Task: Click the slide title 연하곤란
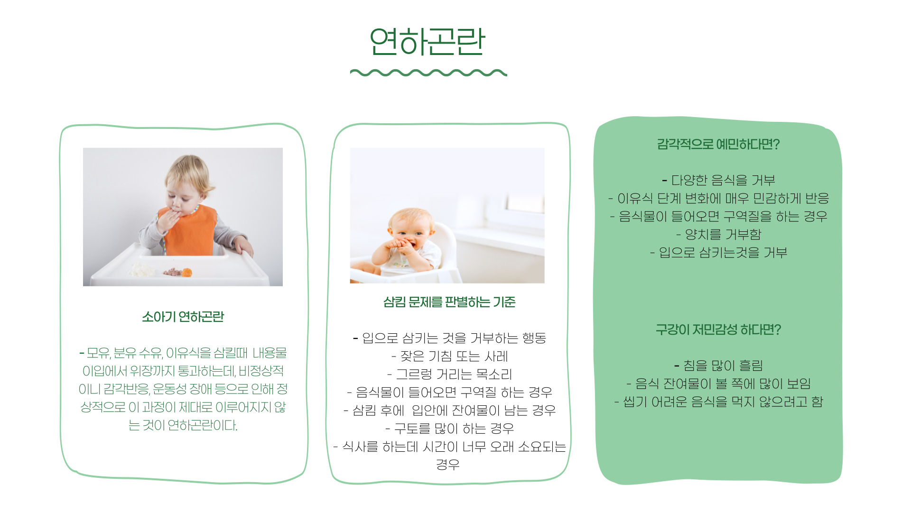tap(427, 42)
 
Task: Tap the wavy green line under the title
tap(428, 73)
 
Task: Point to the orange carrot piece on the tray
tap(186, 272)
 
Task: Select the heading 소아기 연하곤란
tap(183, 317)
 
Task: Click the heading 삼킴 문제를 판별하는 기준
tap(449, 302)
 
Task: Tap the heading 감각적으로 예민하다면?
tap(718, 144)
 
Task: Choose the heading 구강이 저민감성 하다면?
tap(718, 329)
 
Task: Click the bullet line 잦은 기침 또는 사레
tap(449, 356)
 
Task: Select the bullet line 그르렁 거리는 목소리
tap(449, 374)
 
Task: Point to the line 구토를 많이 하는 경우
tap(449, 429)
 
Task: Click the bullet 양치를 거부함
tap(718, 234)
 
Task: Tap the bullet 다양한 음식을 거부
tap(718, 180)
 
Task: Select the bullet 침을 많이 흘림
tap(718, 366)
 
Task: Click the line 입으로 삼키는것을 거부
tap(718, 252)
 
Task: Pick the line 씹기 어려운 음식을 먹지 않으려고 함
tap(718, 402)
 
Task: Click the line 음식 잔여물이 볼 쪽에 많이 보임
tap(718, 384)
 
